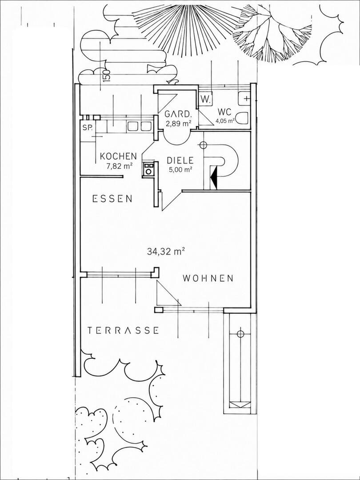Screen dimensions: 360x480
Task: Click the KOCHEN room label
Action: [x=119, y=156]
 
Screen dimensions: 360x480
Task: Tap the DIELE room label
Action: [x=180, y=160]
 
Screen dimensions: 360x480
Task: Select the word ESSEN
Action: [x=112, y=199]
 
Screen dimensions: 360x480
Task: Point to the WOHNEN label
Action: [x=208, y=278]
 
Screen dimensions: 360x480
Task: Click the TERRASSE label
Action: [x=123, y=331]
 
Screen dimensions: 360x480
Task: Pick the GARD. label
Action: [x=179, y=114]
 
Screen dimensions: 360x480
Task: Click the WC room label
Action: [x=225, y=112]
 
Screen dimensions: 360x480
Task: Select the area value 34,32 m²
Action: [x=166, y=252]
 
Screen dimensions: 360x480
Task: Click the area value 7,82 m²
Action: [x=118, y=166]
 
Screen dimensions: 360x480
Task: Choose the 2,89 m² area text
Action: [x=178, y=124]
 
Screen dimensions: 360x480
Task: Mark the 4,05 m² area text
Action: [x=225, y=120]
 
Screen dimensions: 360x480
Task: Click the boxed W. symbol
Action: [x=205, y=99]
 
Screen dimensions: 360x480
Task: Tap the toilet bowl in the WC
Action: [x=243, y=118]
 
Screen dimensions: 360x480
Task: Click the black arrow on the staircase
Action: [x=214, y=177]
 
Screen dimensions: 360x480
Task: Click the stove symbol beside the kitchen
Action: [x=148, y=169]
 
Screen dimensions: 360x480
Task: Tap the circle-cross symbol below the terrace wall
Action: [x=240, y=333]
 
